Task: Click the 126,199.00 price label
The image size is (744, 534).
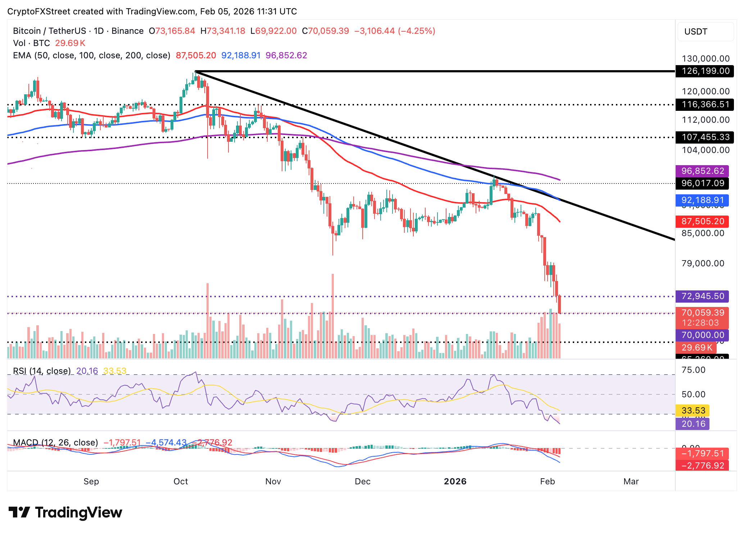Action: pyautogui.click(x=702, y=71)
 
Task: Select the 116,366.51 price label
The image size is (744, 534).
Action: pyautogui.click(x=702, y=105)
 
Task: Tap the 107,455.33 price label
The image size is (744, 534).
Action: pyautogui.click(x=702, y=137)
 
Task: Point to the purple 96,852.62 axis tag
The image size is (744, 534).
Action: pyautogui.click(x=702, y=171)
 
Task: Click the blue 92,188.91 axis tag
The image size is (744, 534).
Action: pyautogui.click(x=702, y=200)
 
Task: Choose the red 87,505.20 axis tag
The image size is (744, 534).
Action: pyautogui.click(x=702, y=221)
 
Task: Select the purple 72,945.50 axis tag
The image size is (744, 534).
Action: pyautogui.click(x=702, y=296)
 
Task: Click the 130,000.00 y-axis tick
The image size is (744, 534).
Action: pyautogui.click(x=706, y=59)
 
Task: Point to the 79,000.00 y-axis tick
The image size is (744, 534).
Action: pyautogui.click(x=703, y=263)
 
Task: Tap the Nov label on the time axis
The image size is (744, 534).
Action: pyautogui.click(x=273, y=481)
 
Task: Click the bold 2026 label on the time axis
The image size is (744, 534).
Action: pyautogui.click(x=455, y=481)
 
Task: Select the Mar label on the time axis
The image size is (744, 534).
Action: pyautogui.click(x=631, y=481)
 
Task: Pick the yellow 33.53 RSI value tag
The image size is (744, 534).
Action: pyautogui.click(x=693, y=411)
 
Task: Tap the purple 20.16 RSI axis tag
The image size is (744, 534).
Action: pyautogui.click(x=693, y=424)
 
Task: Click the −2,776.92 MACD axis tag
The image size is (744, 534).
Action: pyautogui.click(x=702, y=466)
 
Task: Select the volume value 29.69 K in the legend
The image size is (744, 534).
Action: pyautogui.click(x=70, y=43)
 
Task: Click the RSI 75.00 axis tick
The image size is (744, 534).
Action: pyautogui.click(x=693, y=370)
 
